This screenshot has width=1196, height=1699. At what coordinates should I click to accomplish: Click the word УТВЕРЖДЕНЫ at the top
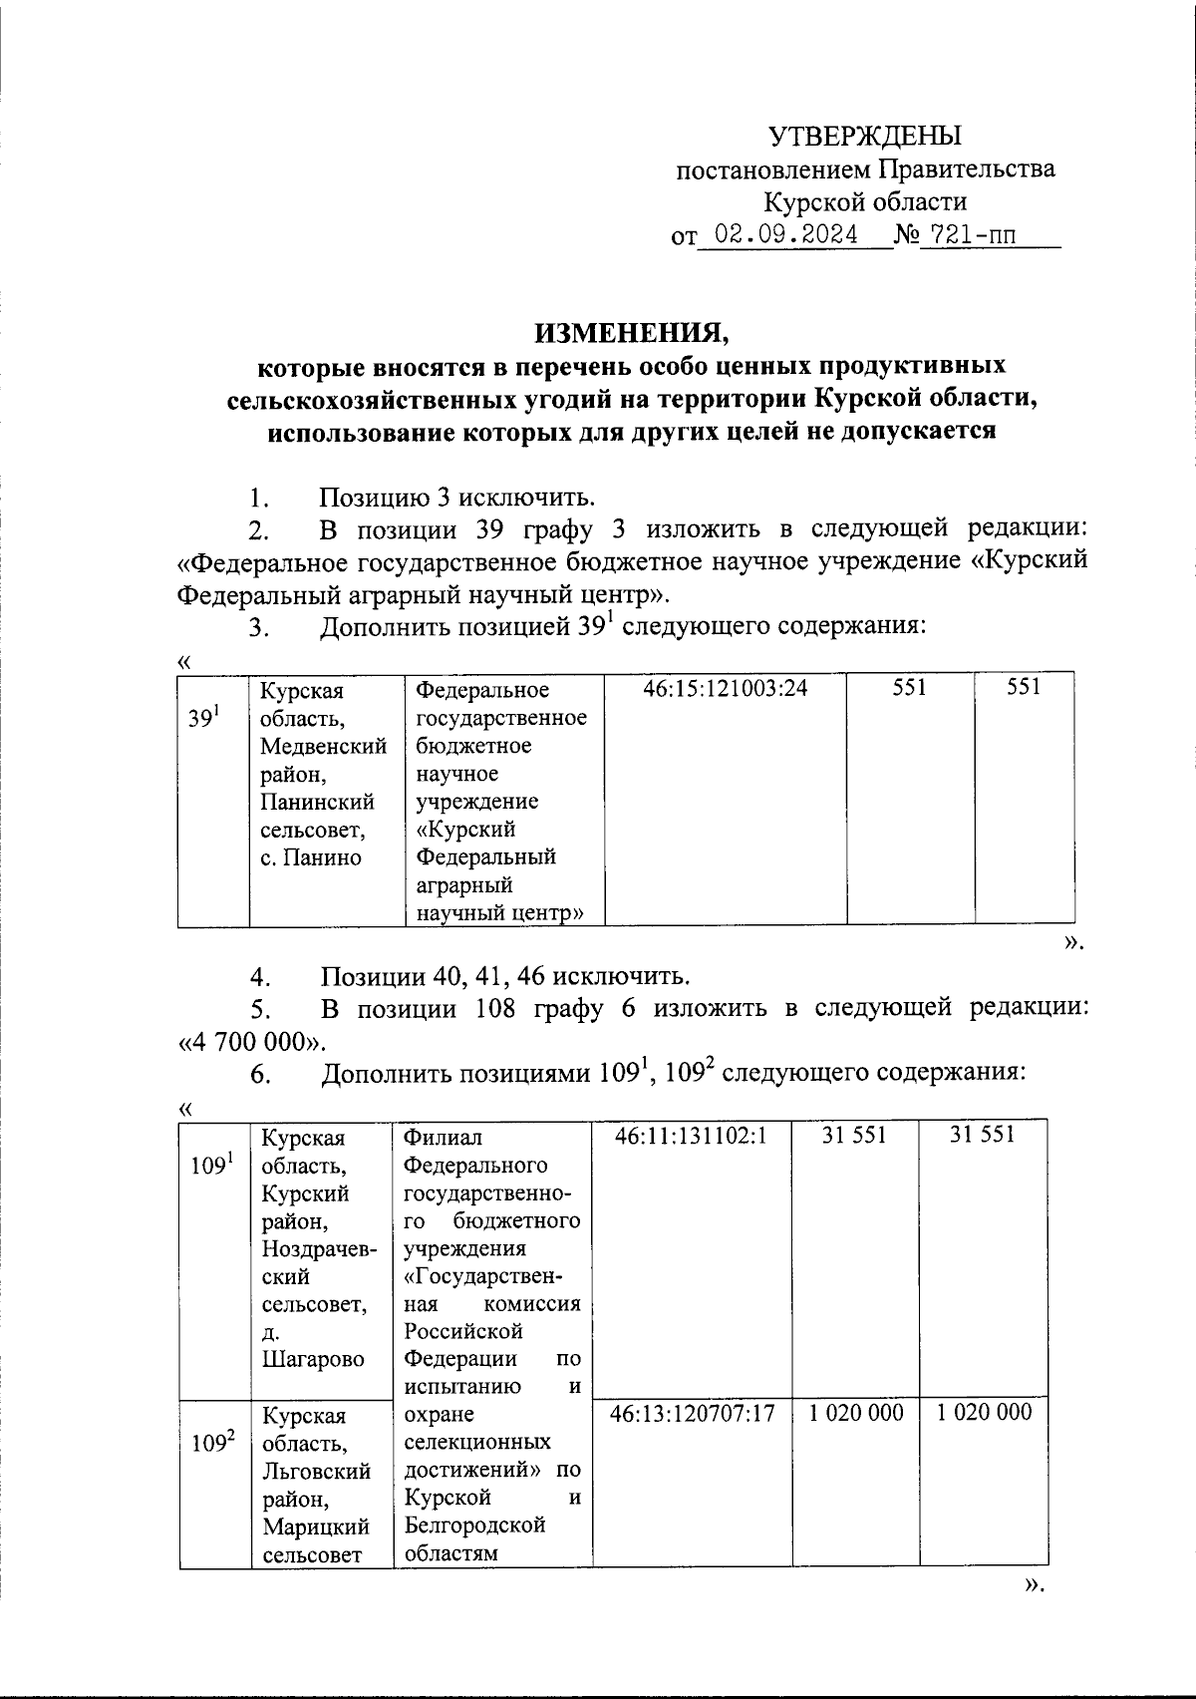tap(865, 135)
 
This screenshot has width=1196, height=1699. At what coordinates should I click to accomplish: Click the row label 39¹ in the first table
tap(203, 717)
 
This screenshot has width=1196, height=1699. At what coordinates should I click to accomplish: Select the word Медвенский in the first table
tap(323, 745)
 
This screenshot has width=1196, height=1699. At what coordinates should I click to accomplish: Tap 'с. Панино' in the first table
tap(310, 856)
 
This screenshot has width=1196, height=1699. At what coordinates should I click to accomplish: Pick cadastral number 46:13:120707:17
tap(693, 1413)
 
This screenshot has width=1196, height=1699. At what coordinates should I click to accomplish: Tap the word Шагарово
tap(313, 1359)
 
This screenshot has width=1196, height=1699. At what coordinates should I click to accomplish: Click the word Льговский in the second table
tap(316, 1471)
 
